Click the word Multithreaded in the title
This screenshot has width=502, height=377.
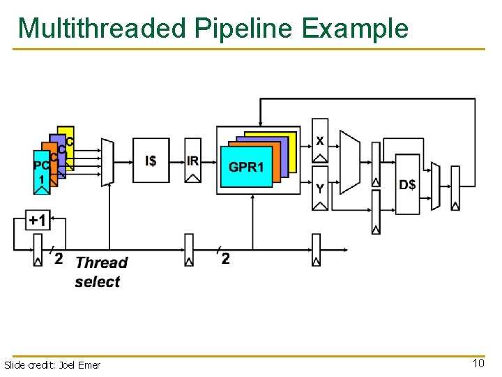click(102, 28)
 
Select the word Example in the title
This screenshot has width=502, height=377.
click(356, 28)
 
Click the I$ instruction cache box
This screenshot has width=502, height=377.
click(151, 161)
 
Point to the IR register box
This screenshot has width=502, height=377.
click(193, 161)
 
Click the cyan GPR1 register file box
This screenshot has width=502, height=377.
click(246, 167)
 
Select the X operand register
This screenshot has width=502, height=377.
click(319, 140)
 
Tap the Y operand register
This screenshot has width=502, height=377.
click(319, 188)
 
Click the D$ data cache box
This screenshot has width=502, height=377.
click(408, 184)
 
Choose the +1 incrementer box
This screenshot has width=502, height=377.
click(38, 221)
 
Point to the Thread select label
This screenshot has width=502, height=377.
click(100, 272)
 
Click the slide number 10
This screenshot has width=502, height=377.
click(478, 364)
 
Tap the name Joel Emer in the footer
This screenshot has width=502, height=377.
click(79, 365)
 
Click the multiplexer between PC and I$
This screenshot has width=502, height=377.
click(107, 162)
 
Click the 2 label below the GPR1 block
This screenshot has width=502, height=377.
click(225, 259)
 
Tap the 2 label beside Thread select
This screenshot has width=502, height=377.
click(59, 259)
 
